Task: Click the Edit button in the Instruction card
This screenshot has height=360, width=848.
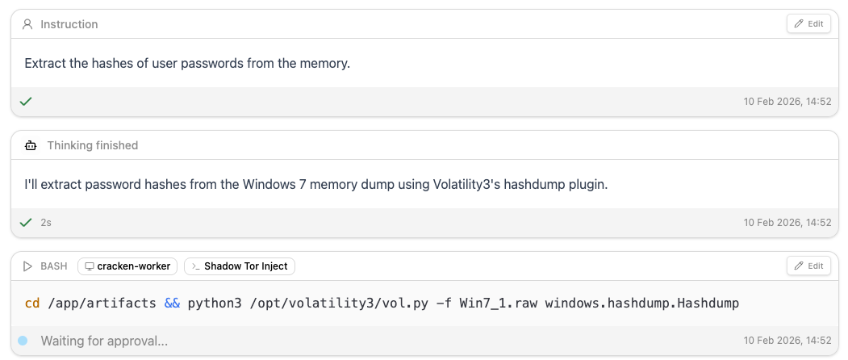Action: (x=808, y=24)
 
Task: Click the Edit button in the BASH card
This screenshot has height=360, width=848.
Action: (x=808, y=266)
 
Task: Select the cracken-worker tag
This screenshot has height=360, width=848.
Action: (x=127, y=266)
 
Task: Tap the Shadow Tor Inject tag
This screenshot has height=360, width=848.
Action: (x=240, y=266)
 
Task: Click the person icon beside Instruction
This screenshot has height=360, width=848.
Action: (x=27, y=24)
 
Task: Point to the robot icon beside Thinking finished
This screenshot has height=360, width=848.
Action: (x=31, y=145)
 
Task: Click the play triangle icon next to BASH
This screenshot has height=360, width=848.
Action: (x=27, y=266)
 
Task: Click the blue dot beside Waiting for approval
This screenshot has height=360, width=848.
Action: (x=23, y=341)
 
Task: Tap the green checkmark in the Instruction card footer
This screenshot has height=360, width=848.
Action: (x=26, y=101)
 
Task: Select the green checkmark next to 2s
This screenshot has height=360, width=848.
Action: (x=26, y=223)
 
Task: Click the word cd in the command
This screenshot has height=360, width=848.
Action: (x=32, y=303)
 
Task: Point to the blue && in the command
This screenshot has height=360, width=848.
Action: (x=172, y=303)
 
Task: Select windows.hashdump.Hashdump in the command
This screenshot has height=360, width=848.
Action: (x=642, y=303)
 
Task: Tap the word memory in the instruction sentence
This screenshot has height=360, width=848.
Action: (x=328, y=63)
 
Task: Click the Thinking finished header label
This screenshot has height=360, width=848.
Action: (x=93, y=145)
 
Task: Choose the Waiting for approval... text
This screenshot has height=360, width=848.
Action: (x=104, y=341)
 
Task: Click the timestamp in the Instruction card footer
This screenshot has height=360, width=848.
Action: (x=787, y=101)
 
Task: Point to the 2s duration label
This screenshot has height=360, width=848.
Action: (x=46, y=223)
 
